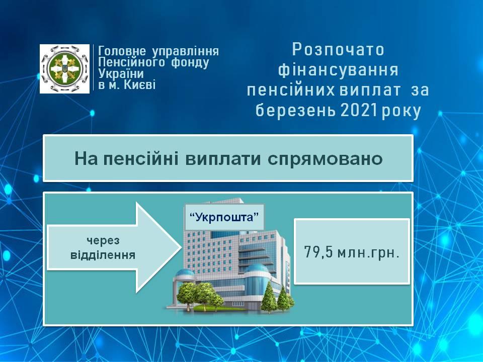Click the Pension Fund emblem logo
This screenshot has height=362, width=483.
65,69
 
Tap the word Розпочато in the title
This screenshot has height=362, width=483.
338,50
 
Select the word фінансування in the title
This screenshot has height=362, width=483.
338,70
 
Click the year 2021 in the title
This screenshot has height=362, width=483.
359,111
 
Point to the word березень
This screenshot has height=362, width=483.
296,111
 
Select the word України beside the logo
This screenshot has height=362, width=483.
121,73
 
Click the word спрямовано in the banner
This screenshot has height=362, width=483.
325,159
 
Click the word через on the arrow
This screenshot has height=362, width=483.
103,241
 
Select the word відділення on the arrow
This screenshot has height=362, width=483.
103,255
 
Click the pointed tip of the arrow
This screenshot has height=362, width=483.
181,247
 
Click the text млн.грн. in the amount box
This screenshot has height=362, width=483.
368,253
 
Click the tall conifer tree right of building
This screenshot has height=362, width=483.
269,298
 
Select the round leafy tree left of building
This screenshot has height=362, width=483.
186,295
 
